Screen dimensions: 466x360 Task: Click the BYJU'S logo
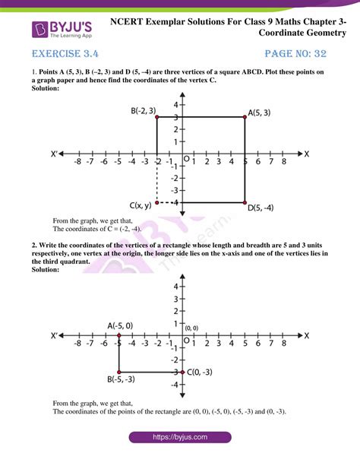click(x=57, y=30)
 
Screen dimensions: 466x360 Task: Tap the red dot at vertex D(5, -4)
click(x=245, y=203)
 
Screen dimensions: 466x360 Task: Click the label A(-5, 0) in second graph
click(x=122, y=325)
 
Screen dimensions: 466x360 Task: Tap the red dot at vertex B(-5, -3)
click(x=118, y=372)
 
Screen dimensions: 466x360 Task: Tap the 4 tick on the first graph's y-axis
click(x=174, y=104)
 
